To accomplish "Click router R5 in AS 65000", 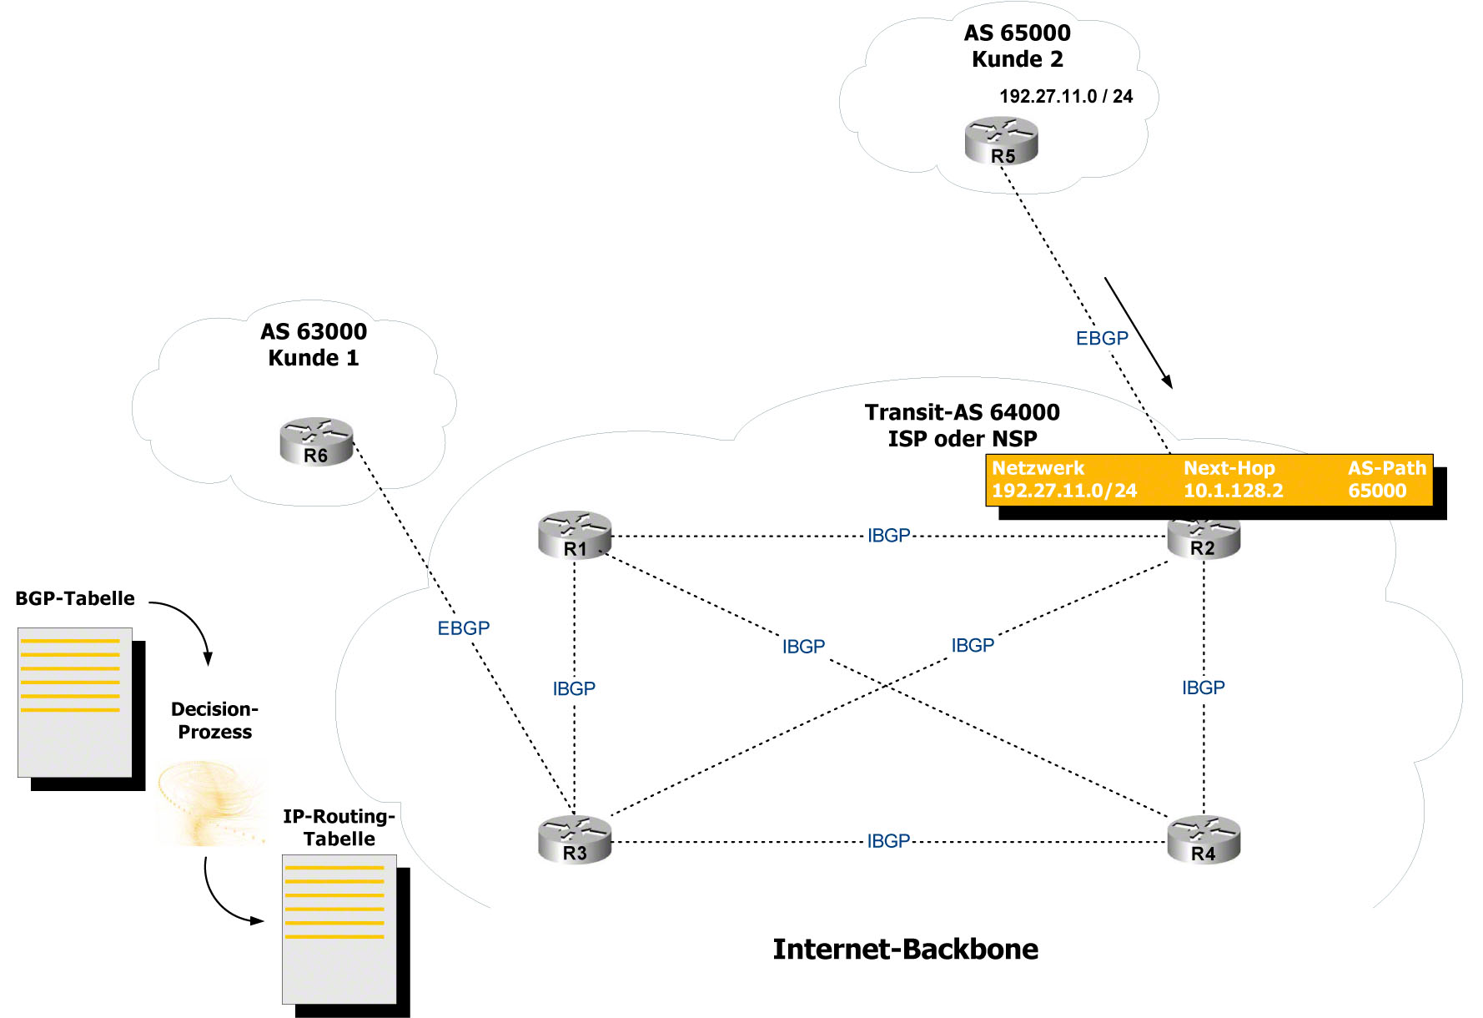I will (x=1001, y=140).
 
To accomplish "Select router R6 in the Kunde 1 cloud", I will (x=316, y=441).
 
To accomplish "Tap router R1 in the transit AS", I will (x=575, y=535).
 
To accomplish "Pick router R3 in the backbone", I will (x=575, y=839).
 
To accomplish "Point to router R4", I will (x=1204, y=839).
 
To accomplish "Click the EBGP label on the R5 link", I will (x=1102, y=338).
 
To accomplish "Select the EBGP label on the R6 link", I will (x=464, y=628).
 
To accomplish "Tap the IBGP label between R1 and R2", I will (x=888, y=536).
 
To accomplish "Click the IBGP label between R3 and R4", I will (x=888, y=841).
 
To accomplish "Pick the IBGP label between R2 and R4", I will (x=1204, y=688).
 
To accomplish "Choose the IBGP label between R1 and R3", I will (x=574, y=688).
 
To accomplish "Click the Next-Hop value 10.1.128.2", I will (x=1233, y=491).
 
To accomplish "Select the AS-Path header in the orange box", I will (x=1387, y=468).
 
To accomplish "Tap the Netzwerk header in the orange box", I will (x=1038, y=468).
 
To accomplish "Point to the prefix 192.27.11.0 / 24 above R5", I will (x=1066, y=97).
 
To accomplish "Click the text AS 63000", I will (x=314, y=331).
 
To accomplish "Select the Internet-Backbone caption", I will (x=905, y=949).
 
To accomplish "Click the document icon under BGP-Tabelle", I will (x=75, y=703).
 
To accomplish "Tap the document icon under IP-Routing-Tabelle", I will (x=339, y=929).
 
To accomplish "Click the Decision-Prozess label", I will (x=214, y=720).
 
